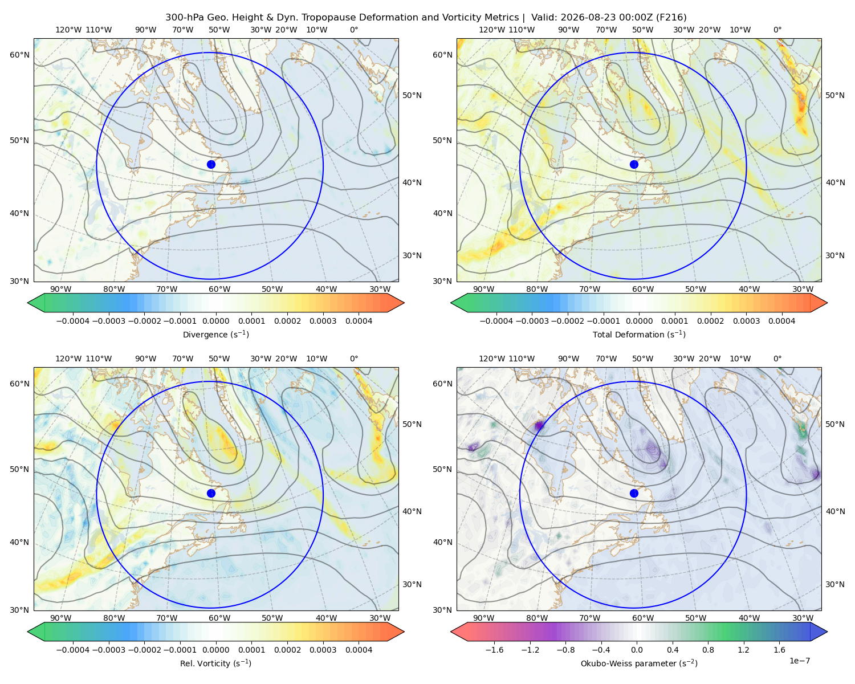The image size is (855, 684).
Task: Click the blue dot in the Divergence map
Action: point(211,164)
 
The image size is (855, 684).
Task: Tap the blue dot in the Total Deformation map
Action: point(634,164)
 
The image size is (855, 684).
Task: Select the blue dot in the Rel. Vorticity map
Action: point(211,493)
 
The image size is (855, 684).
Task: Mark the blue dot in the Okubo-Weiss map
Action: point(634,493)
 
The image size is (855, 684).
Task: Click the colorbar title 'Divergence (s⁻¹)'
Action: point(215,334)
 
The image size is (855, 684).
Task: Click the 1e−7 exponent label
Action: point(799,661)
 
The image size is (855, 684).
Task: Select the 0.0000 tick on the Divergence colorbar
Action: point(215,321)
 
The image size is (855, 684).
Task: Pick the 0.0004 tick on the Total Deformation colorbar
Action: point(781,321)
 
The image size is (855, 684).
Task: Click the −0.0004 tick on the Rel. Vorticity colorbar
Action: point(73,650)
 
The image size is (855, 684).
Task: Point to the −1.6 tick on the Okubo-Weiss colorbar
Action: point(494,650)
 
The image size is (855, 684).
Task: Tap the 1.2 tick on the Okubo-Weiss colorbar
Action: point(743,650)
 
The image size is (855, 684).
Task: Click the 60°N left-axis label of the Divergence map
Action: point(19,55)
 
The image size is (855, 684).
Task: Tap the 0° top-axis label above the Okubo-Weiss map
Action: point(777,359)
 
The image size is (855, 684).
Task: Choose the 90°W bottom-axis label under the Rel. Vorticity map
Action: point(61,618)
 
